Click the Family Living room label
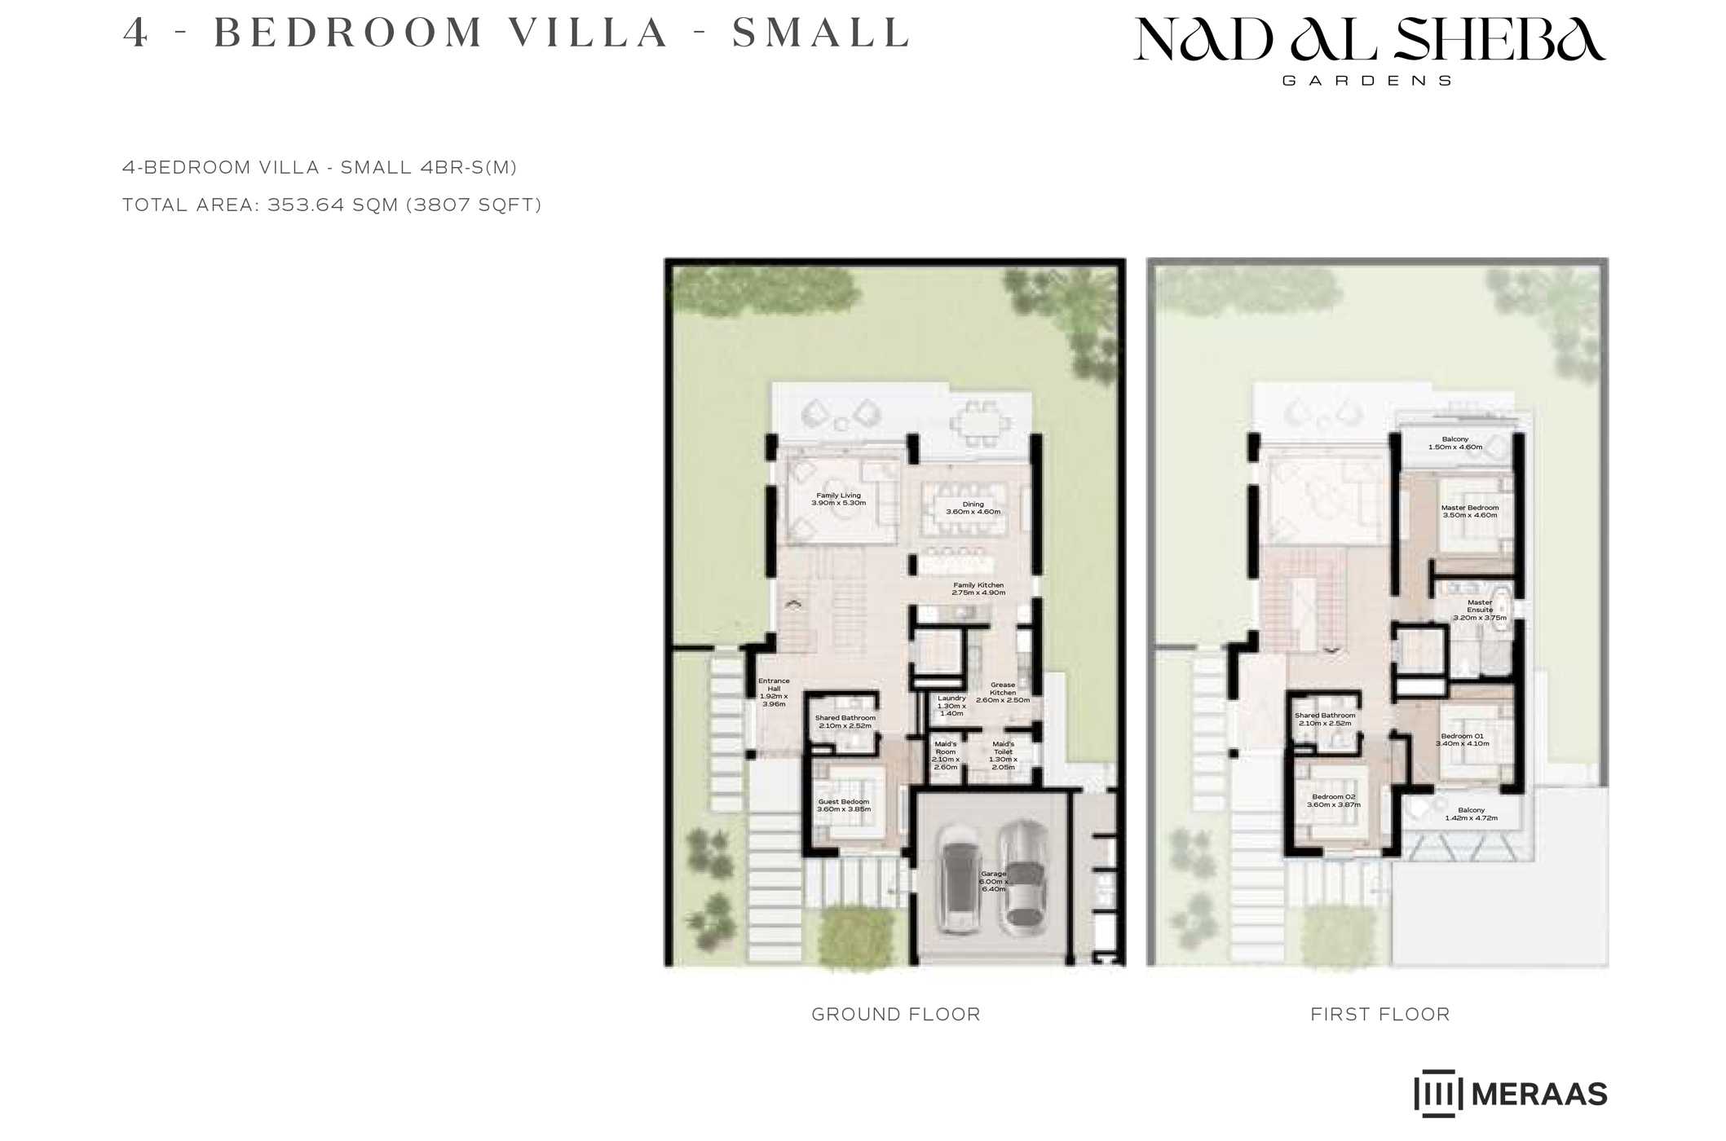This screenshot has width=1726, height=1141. click(x=838, y=500)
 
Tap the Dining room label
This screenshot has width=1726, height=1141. click(x=973, y=508)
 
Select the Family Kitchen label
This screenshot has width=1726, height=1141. click(x=978, y=588)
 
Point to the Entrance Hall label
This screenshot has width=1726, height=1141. click(x=774, y=692)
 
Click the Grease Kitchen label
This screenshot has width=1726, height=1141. click(x=1003, y=692)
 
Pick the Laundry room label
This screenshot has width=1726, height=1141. click(x=951, y=706)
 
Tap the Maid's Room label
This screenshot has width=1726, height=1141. click(x=946, y=756)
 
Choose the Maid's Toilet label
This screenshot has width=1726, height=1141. click(x=1003, y=756)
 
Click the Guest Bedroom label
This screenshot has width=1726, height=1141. click(x=844, y=805)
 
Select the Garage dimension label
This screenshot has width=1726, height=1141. click(x=994, y=881)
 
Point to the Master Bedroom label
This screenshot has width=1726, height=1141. click(x=1470, y=511)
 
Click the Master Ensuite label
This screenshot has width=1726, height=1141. click(x=1480, y=610)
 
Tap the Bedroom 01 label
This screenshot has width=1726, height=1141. click(x=1463, y=739)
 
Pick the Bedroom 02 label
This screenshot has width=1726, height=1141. click(x=1334, y=800)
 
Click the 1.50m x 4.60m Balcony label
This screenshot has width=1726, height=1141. click(x=1455, y=443)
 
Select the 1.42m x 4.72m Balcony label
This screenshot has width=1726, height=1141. click(x=1472, y=813)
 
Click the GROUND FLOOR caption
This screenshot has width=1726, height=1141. click(x=896, y=1014)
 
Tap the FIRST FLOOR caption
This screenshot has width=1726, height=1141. click(x=1380, y=1014)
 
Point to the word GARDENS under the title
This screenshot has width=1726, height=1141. click(x=1367, y=81)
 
